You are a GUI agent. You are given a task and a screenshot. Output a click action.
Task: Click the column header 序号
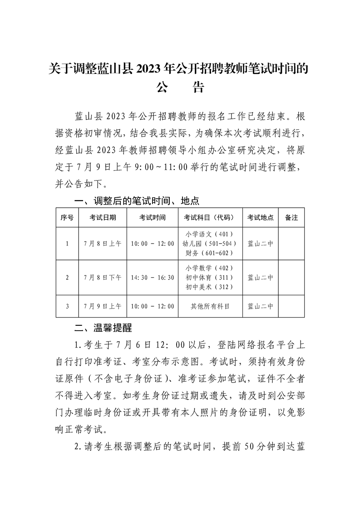(x=67, y=218)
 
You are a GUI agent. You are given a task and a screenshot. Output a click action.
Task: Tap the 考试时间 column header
(x=153, y=218)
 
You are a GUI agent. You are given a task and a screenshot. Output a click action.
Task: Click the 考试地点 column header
(x=260, y=218)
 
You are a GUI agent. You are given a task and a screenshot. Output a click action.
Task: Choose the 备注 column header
(x=291, y=218)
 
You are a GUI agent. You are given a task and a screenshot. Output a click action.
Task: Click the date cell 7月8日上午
(x=103, y=244)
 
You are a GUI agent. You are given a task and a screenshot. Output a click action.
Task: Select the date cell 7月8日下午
(x=103, y=278)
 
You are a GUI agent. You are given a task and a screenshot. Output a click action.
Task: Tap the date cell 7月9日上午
(x=103, y=307)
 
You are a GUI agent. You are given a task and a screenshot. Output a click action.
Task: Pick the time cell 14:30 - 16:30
(x=153, y=278)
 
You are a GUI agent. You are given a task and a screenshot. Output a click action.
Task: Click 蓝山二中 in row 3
(x=260, y=307)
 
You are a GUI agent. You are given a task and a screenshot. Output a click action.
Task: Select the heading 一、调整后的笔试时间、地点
(x=137, y=201)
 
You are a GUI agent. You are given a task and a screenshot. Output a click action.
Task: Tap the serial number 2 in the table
(x=67, y=278)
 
